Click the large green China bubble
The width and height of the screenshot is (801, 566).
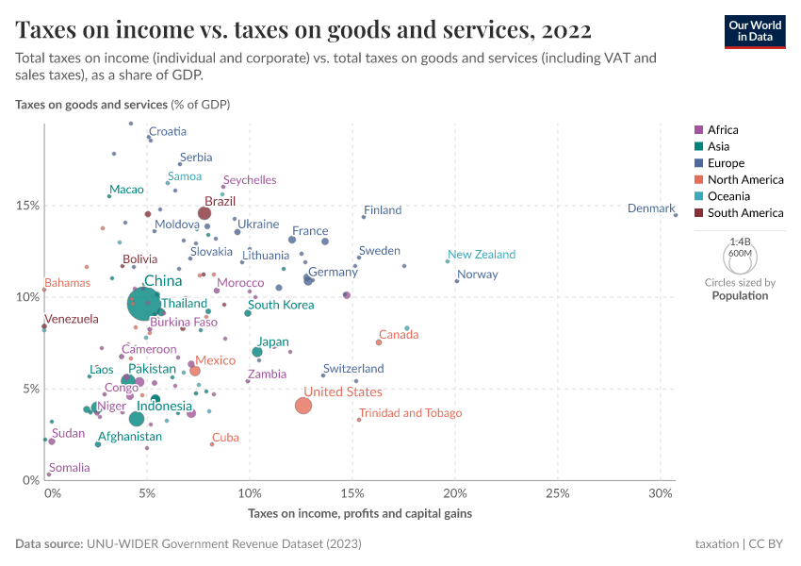(144, 304)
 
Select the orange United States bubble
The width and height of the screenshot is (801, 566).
(302, 406)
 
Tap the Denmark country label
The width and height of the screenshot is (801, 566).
(651, 208)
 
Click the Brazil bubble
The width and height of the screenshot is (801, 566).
(204, 213)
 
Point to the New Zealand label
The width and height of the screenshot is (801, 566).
(482, 255)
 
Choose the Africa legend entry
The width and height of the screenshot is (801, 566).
(723, 130)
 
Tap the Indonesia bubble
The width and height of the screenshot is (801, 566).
(137, 419)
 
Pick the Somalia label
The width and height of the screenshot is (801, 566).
(70, 468)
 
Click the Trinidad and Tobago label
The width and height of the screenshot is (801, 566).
(410, 413)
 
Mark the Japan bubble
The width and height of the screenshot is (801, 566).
(257, 352)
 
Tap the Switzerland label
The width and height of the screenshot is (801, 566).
(353, 369)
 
